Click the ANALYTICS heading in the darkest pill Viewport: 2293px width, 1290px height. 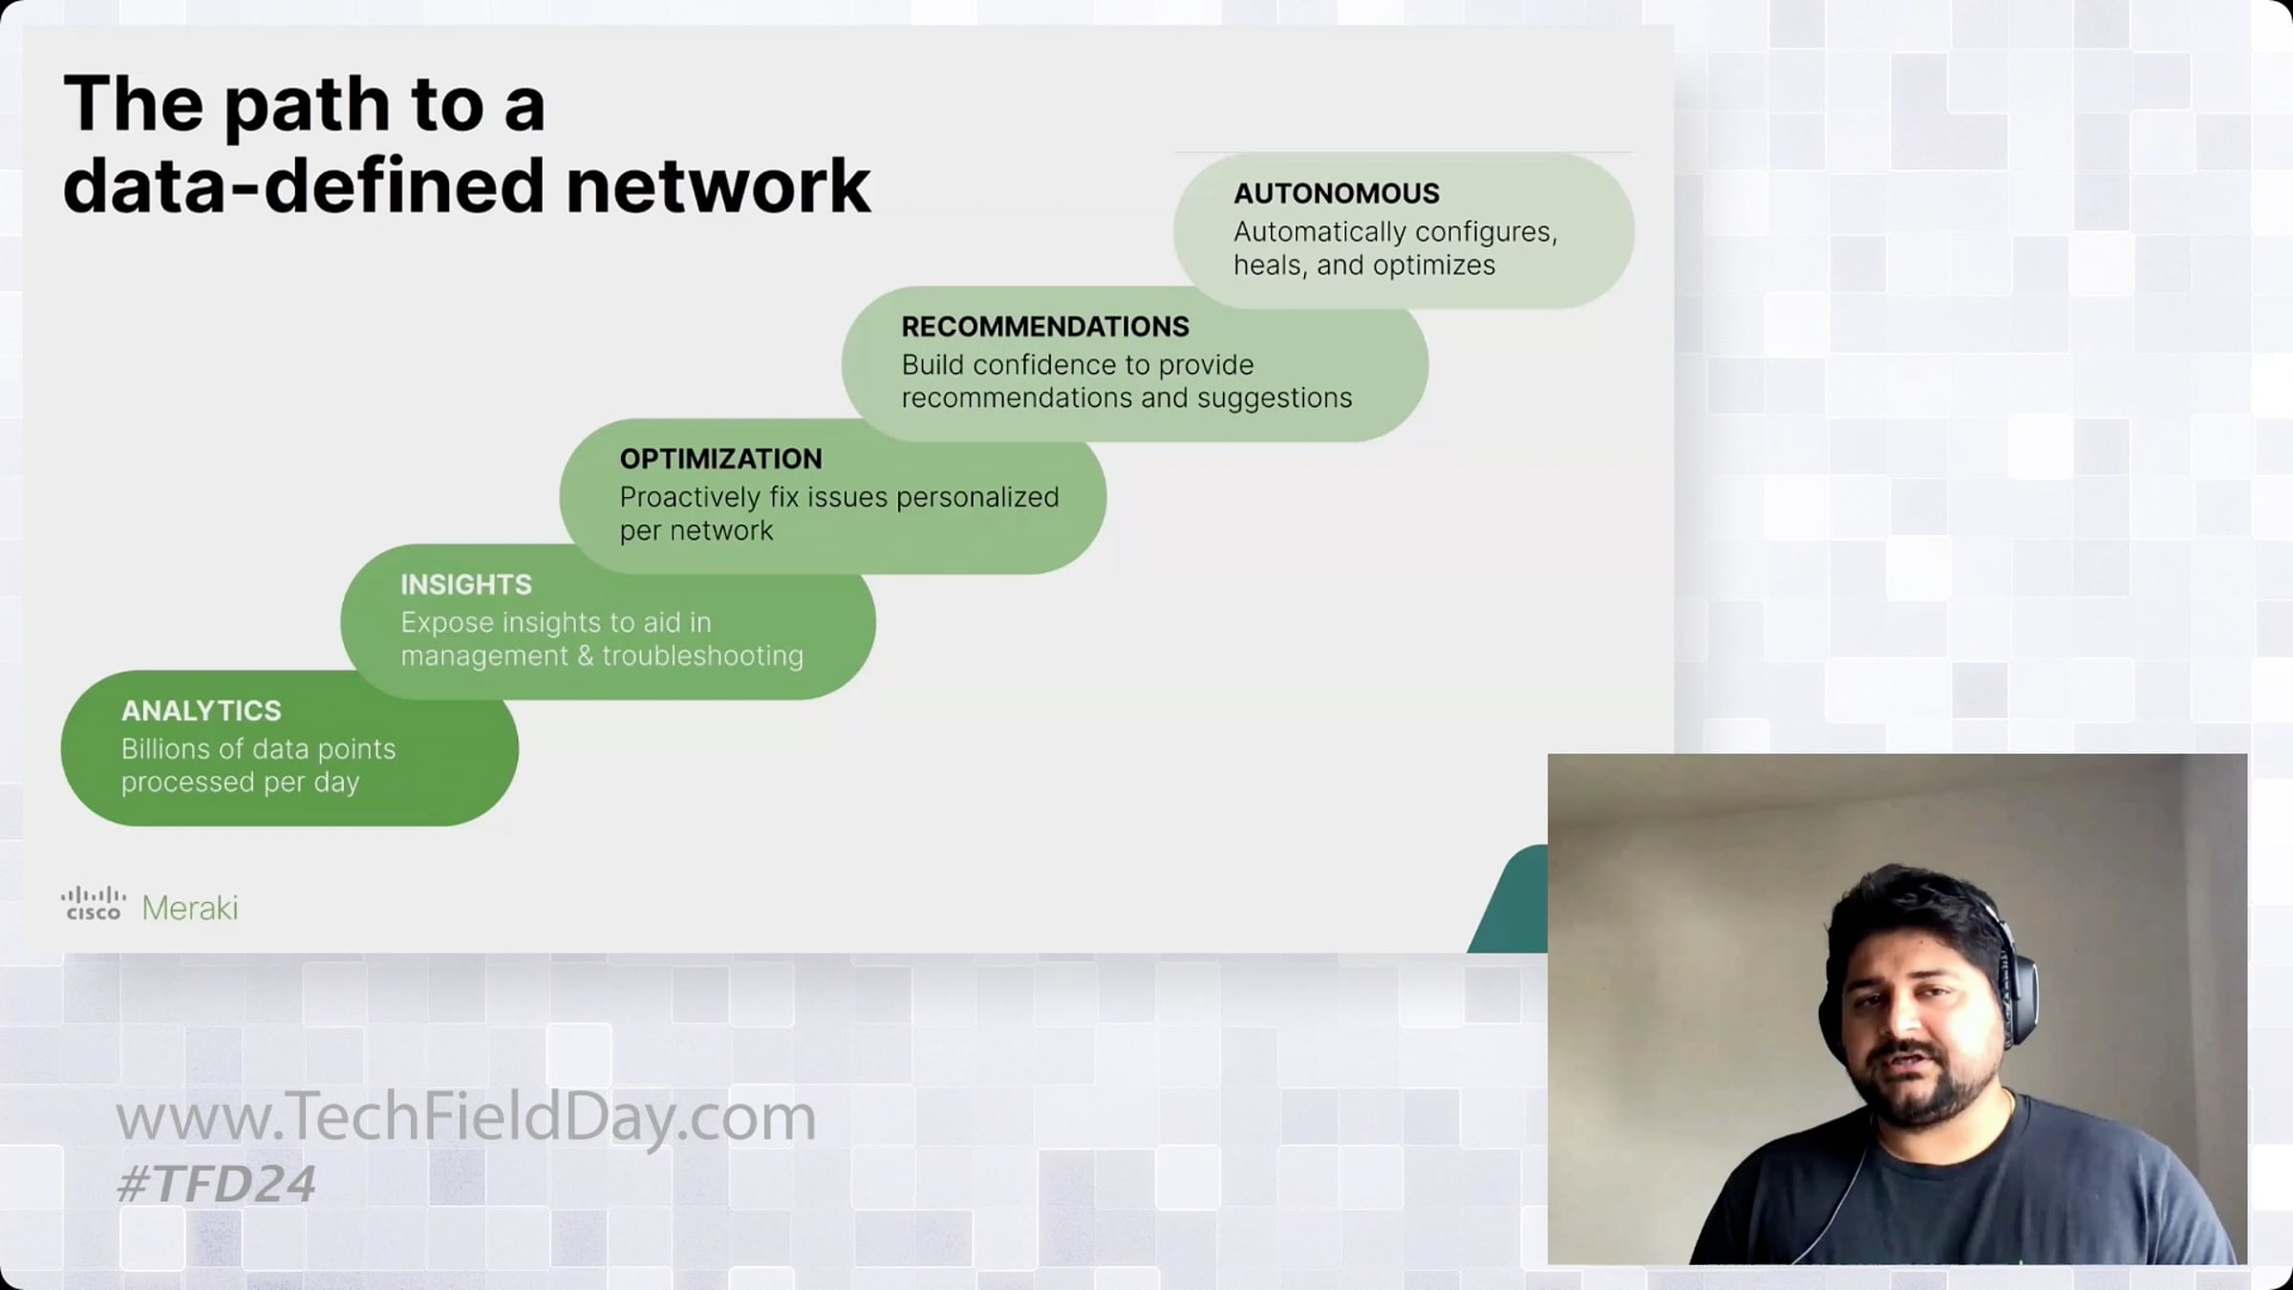202,711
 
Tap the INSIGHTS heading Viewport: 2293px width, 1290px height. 466,585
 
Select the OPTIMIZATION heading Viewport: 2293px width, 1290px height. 720,459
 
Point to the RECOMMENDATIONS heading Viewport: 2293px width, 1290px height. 1045,327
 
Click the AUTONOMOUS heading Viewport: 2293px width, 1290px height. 1336,193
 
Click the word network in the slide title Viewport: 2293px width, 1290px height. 718,185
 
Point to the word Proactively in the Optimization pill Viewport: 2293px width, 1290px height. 690,498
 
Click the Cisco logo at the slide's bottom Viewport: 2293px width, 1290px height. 93,904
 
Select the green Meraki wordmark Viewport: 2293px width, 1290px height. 189,908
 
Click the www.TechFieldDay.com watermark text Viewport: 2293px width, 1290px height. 465,1118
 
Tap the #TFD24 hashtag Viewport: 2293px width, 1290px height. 215,1185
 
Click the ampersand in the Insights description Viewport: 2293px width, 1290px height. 586,656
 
